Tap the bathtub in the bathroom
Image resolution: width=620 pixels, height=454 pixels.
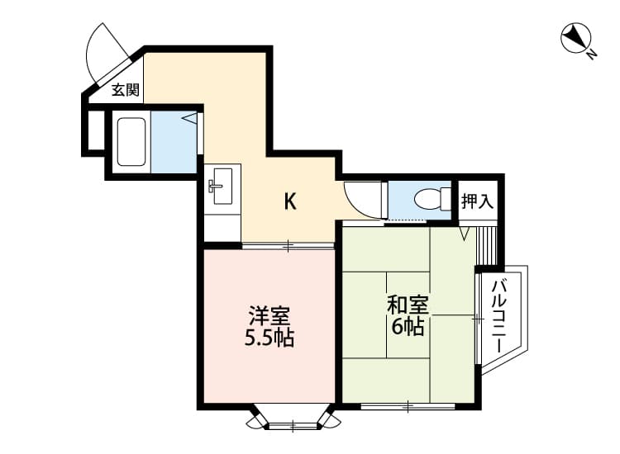point(131,142)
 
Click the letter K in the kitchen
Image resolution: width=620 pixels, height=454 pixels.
point(290,201)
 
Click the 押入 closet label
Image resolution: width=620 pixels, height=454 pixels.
point(478,200)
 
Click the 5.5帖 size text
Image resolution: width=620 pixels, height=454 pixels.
point(269,338)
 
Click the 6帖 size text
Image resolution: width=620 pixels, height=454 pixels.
point(407,326)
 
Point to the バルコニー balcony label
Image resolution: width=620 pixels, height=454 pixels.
point(500,316)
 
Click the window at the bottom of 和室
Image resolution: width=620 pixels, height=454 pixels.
point(408,406)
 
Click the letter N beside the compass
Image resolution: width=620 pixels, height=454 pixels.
point(592,55)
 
